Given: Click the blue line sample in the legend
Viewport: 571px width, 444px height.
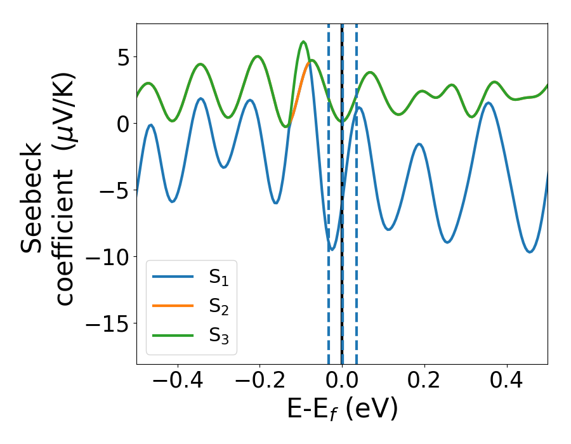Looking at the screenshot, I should (x=173, y=277).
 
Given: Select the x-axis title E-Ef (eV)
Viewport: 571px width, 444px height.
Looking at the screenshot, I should (x=342, y=409).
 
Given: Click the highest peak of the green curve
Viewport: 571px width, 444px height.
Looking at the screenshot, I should (x=303, y=42).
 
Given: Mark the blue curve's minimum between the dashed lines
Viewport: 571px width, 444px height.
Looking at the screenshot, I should (x=331, y=249).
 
